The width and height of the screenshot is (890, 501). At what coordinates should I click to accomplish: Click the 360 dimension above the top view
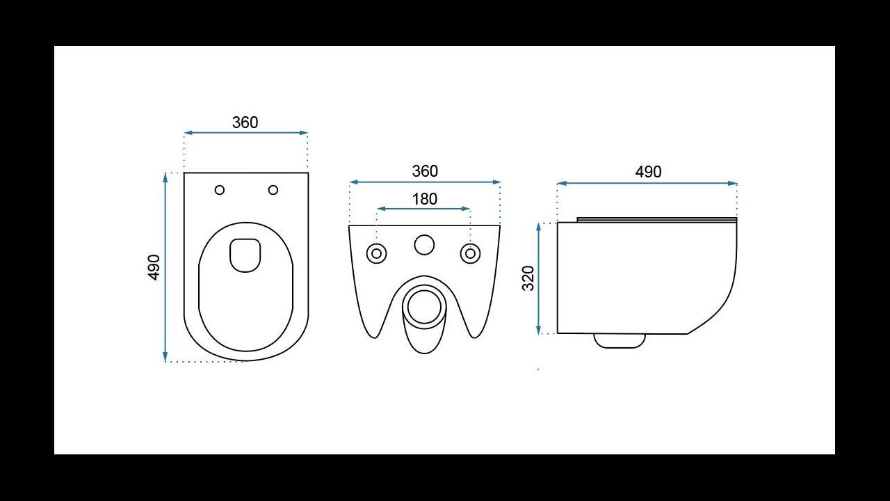(x=245, y=122)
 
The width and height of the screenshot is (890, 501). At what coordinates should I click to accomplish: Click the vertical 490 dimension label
(x=154, y=267)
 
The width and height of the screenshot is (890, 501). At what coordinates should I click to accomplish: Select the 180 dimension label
(x=424, y=199)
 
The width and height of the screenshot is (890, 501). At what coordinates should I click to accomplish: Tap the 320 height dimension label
(x=528, y=278)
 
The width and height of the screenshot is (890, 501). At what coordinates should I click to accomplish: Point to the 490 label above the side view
(x=648, y=172)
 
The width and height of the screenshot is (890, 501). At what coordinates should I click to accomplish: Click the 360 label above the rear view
(x=425, y=171)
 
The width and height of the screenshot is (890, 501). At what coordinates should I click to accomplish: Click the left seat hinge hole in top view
(x=220, y=190)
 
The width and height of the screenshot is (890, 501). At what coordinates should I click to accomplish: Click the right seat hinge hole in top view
(x=273, y=190)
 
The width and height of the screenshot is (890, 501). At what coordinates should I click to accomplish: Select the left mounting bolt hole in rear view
(x=377, y=253)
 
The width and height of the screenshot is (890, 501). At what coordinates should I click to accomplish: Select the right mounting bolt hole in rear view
(x=471, y=253)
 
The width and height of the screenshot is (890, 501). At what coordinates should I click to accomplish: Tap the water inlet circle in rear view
(x=424, y=245)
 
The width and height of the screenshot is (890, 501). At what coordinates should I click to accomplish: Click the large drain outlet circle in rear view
(x=424, y=306)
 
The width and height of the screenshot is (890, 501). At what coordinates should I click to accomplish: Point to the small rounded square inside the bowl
(x=245, y=255)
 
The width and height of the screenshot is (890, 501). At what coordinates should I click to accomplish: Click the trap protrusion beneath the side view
(x=620, y=341)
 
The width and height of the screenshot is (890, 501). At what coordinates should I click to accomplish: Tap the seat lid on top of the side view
(x=656, y=220)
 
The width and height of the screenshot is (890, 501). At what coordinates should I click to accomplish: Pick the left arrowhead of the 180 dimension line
(x=380, y=208)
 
